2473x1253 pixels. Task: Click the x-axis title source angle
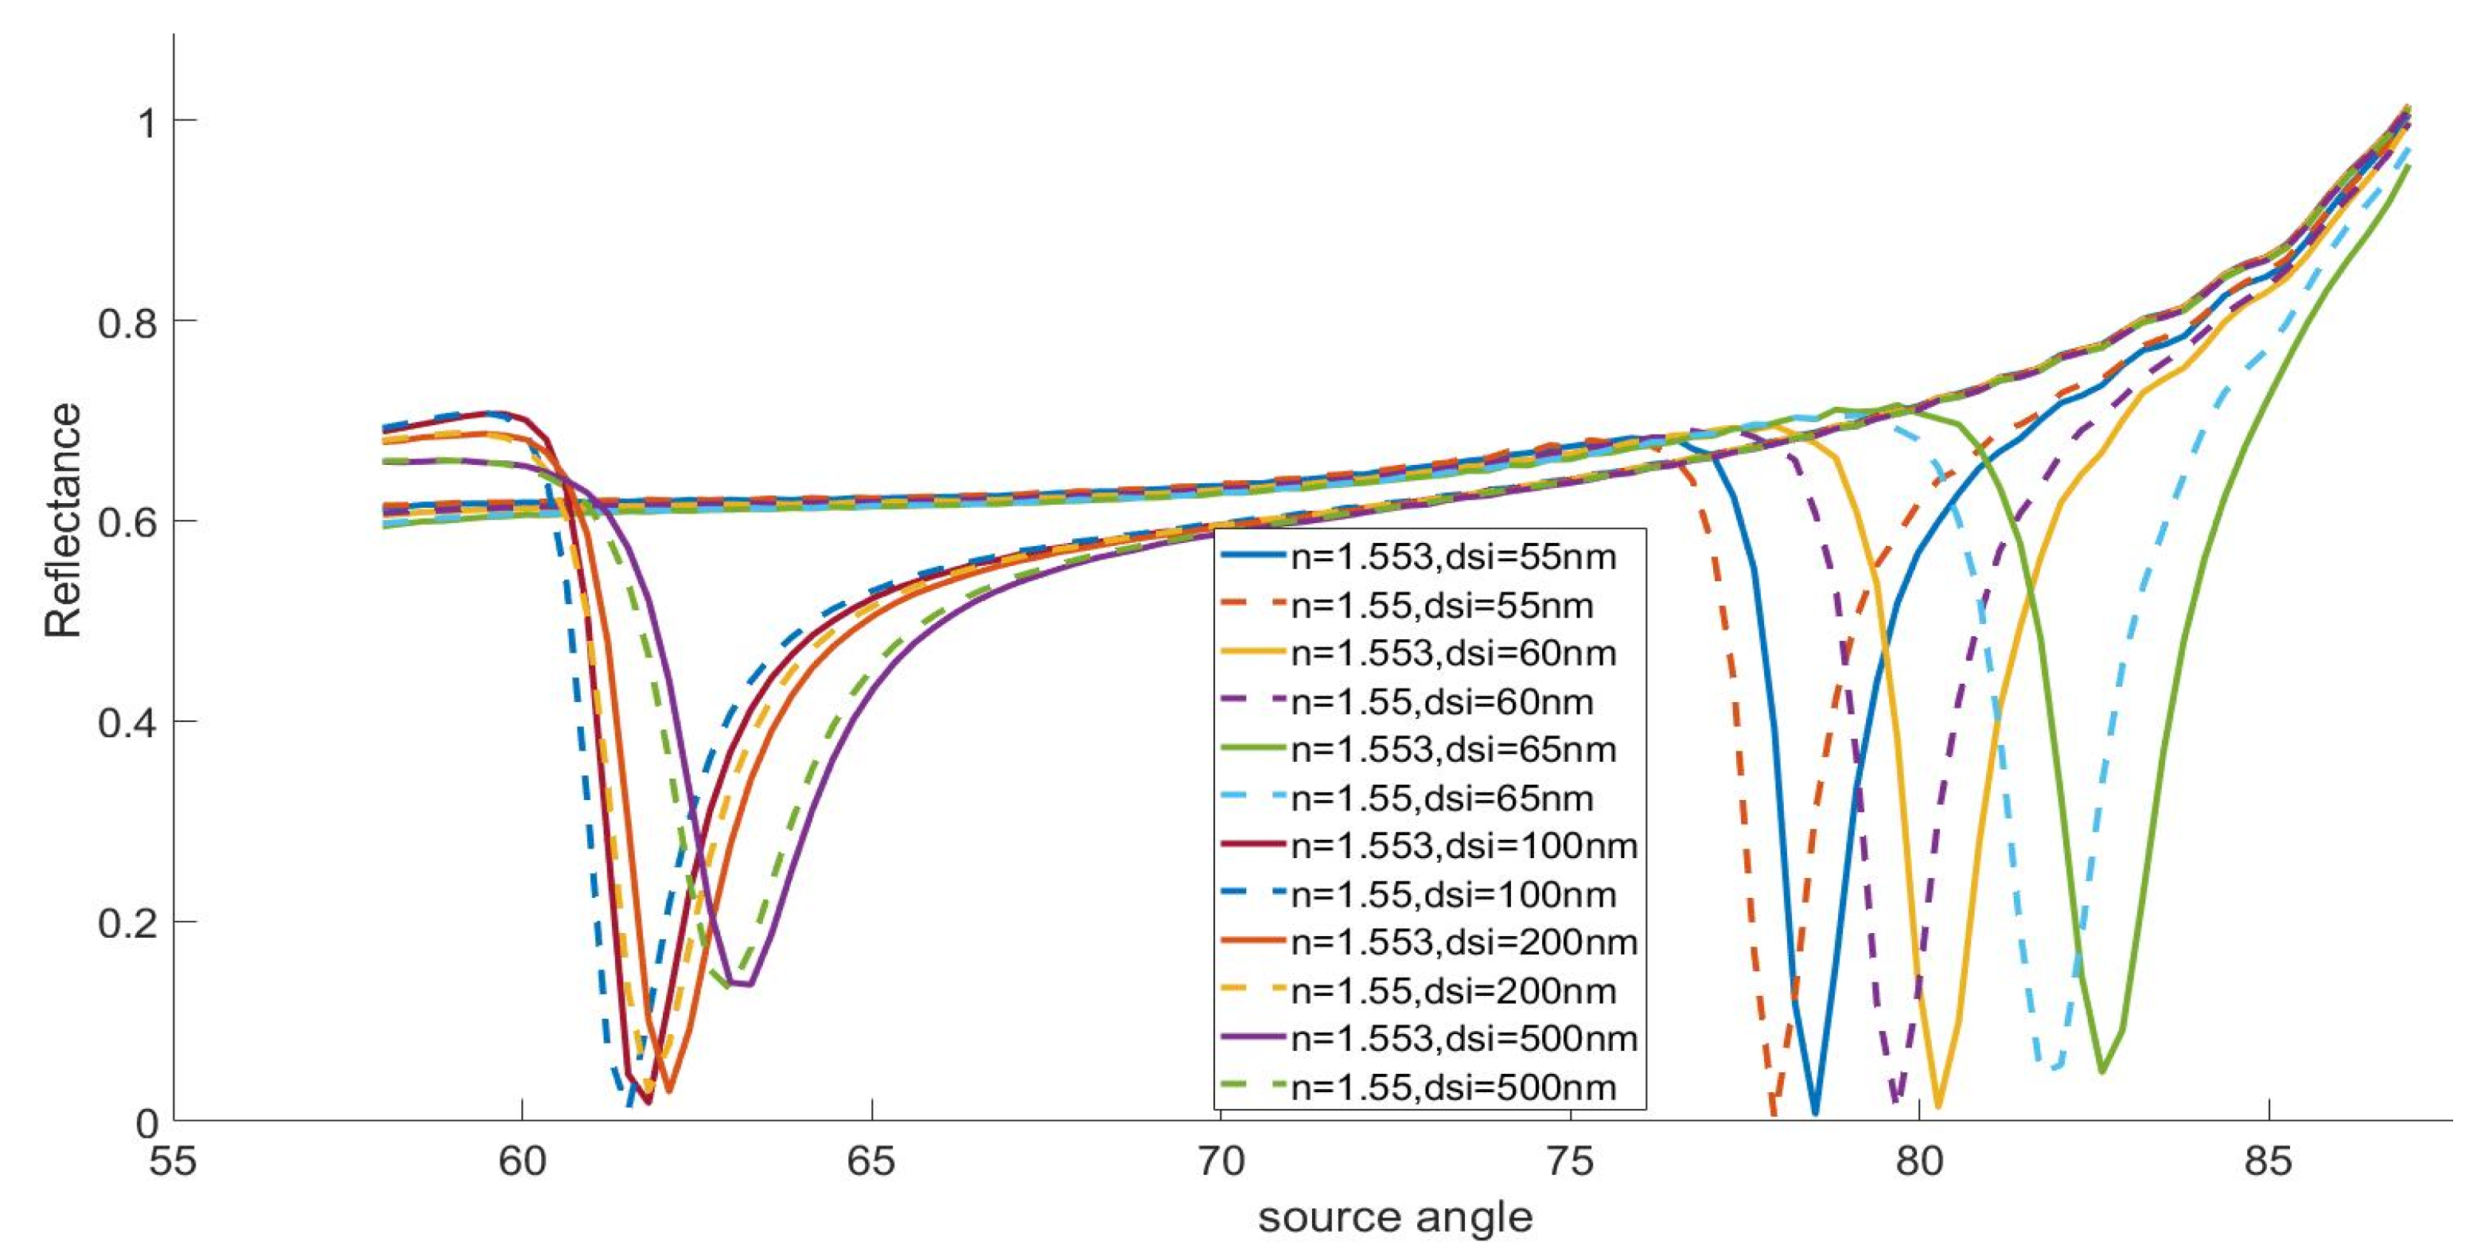point(1395,1217)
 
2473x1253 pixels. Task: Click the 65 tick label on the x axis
point(870,1161)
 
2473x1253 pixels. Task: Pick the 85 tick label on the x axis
point(2268,1161)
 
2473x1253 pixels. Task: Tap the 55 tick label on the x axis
point(173,1161)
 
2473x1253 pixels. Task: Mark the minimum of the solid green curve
point(2102,1071)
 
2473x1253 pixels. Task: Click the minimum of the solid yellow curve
point(1938,1106)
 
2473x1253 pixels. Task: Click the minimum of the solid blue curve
point(1814,1113)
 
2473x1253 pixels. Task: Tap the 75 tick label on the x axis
point(1570,1161)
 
